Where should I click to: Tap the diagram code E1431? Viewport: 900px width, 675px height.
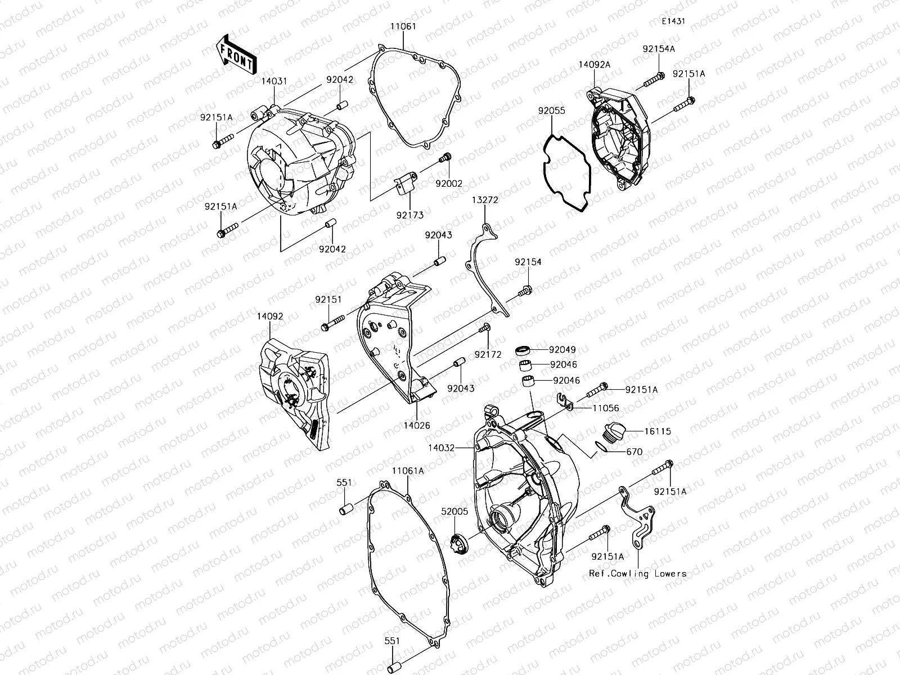coord(673,21)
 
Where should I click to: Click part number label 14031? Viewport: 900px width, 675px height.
coord(274,82)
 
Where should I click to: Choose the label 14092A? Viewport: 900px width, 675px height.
coord(594,65)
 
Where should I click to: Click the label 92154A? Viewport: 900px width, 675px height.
coord(659,49)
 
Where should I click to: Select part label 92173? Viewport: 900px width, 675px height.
coord(409,214)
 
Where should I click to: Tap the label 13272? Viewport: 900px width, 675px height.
coord(485,200)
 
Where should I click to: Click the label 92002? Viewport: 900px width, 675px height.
coord(448,183)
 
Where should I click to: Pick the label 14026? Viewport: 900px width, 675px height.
coord(416,425)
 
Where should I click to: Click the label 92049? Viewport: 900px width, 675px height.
coord(563,349)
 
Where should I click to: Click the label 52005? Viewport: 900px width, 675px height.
coord(454,511)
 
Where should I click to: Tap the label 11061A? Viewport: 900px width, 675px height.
coord(408,471)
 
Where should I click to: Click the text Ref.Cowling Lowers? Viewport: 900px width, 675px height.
coord(637,574)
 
